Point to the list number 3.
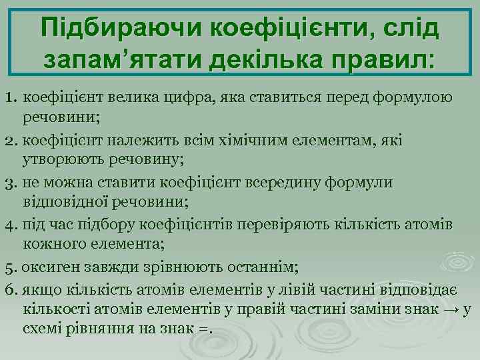click(9, 183)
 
